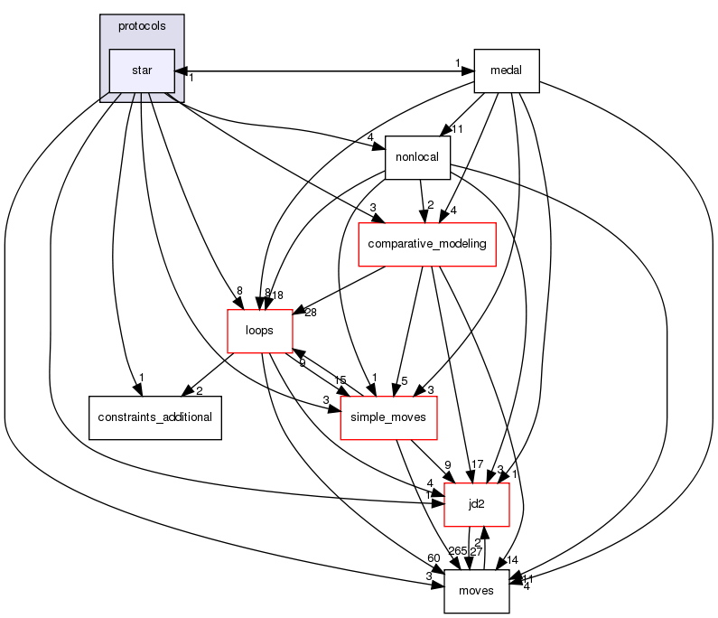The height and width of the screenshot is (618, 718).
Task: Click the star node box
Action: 142,70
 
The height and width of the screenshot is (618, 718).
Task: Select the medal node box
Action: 506,70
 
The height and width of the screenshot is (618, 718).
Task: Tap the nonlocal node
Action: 417,156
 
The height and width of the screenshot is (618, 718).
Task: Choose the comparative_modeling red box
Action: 428,244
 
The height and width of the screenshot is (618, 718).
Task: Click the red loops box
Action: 259,331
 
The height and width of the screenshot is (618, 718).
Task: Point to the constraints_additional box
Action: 154,417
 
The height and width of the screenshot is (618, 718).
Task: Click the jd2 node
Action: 477,504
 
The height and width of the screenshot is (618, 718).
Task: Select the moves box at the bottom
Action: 476,591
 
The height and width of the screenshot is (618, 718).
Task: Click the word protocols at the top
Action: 142,26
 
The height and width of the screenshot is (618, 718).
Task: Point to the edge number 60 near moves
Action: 434,558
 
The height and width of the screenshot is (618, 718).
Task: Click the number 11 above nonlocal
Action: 457,129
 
